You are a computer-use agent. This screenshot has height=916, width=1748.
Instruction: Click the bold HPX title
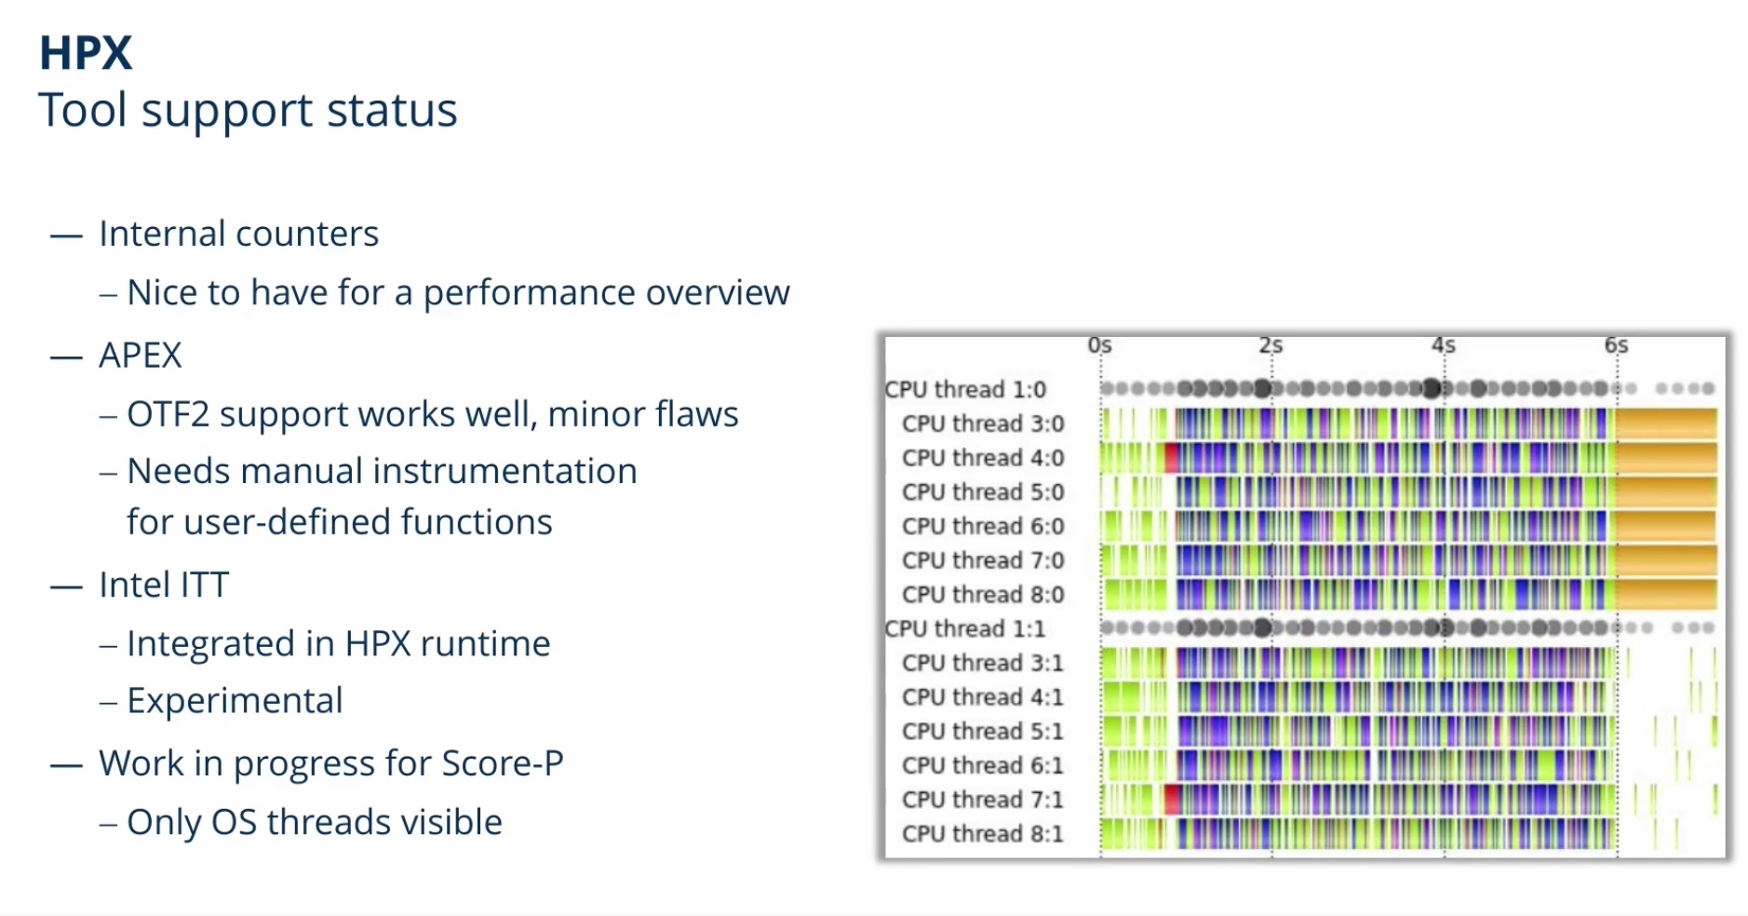(86, 53)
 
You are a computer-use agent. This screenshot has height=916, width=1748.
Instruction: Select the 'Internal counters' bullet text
(239, 234)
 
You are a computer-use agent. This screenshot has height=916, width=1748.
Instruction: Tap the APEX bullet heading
(141, 355)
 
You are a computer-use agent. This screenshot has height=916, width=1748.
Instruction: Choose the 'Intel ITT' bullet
(164, 585)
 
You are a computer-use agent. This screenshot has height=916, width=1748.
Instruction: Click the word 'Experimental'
(235, 701)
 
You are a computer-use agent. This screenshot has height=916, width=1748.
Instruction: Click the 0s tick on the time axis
(1100, 345)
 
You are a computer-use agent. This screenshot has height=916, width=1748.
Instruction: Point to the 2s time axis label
(1271, 345)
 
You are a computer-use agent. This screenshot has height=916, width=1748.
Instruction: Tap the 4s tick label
(1444, 345)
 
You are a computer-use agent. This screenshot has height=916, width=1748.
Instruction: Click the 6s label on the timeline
(1617, 345)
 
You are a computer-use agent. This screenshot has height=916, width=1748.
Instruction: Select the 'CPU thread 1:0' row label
(965, 389)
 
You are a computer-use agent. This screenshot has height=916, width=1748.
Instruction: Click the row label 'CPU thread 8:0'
(983, 594)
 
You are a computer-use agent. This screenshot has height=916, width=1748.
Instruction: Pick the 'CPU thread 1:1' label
(965, 628)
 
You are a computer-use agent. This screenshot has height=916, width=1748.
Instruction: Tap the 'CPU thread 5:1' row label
(983, 731)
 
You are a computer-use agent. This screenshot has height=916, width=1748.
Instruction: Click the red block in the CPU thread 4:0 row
(1172, 457)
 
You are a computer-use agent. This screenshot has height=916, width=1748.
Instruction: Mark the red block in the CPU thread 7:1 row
(1172, 799)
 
